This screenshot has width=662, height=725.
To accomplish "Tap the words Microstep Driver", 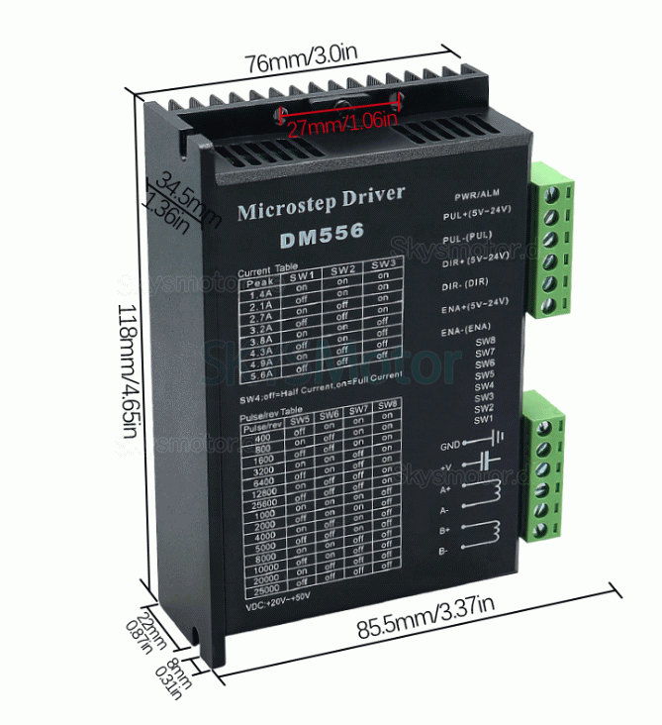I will pos(322,202).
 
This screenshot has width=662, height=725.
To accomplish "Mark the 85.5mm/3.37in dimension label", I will pos(425,628).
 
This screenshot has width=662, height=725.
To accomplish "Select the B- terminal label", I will pos(443,551).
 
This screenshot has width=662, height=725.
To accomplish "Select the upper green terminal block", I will pos(552,240).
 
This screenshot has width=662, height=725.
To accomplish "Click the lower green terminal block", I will pos(547,466).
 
